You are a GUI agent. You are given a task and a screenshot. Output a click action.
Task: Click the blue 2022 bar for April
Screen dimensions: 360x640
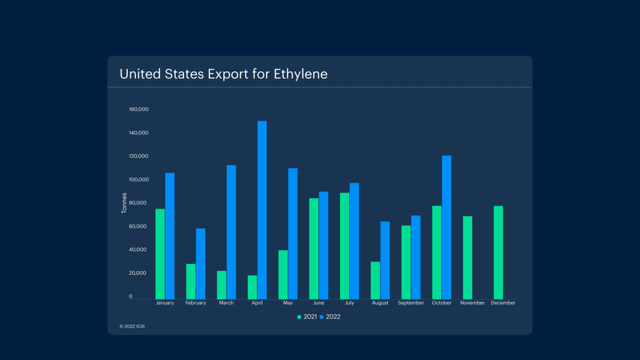click(262, 210)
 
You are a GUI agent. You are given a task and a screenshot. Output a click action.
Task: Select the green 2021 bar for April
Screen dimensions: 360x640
click(252, 287)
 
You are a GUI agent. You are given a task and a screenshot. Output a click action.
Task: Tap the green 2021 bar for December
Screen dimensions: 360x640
click(498, 253)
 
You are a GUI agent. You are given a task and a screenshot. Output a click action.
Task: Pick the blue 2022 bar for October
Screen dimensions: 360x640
click(446, 227)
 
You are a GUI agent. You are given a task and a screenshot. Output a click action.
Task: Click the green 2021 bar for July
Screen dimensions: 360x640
click(345, 246)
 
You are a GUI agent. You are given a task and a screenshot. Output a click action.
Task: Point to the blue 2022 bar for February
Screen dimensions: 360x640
click(201, 264)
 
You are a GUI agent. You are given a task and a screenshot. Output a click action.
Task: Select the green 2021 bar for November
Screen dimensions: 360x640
click(468, 258)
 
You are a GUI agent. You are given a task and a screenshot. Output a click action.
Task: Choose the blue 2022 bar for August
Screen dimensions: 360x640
click(385, 260)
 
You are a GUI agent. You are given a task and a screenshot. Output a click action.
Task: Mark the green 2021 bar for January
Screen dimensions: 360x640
click(160, 254)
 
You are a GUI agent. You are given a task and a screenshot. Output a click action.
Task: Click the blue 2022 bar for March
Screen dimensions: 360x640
click(231, 232)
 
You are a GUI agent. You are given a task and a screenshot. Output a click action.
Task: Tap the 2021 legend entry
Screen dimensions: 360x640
click(307, 317)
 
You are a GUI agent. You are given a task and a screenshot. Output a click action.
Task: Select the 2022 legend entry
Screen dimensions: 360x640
click(330, 317)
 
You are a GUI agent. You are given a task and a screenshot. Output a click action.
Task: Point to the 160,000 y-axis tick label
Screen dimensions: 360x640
click(138, 110)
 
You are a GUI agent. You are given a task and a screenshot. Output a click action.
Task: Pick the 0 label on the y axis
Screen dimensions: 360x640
click(131, 296)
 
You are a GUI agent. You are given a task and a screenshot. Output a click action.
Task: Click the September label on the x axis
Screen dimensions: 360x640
click(411, 303)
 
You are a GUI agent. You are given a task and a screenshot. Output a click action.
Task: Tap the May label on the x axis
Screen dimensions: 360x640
click(288, 303)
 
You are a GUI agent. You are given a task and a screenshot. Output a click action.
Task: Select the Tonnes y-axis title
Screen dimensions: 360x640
click(124, 203)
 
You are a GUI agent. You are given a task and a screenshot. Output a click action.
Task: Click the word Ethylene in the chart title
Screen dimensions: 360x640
click(300, 74)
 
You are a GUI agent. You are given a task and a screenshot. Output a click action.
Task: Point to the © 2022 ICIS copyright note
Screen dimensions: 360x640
click(132, 326)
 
